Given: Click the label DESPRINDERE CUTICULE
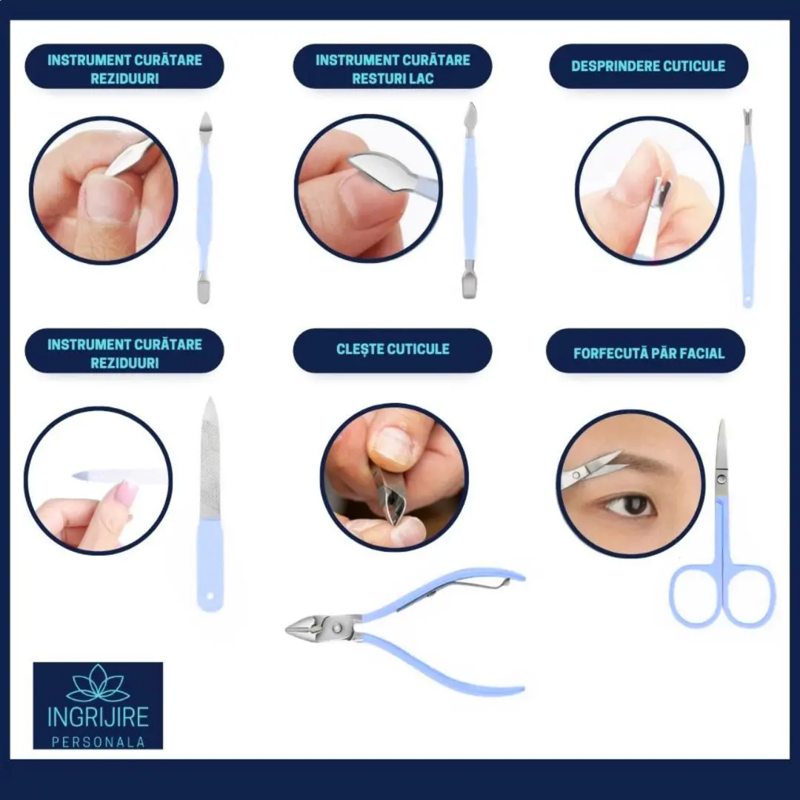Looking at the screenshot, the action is click(x=648, y=67).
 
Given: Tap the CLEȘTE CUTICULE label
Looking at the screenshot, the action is click(x=393, y=350).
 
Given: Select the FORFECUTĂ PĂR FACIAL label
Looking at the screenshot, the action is click(x=648, y=353).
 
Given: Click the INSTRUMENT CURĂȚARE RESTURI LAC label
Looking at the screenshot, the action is click(x=393, y=69).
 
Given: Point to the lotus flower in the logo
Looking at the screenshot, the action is click(x=98, y=683).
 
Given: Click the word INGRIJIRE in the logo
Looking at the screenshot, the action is click(x=98, y=716).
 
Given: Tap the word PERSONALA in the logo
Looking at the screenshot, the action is click(x=98, y=742).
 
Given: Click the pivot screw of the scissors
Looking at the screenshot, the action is click(x=721, y=479).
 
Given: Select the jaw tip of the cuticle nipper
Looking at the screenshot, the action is click(x=287, y=629).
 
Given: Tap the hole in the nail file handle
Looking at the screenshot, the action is click(x=210, y=596).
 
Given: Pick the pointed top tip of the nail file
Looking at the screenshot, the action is click(x=210, y=399).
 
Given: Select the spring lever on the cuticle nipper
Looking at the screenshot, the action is click(x=455, y=592).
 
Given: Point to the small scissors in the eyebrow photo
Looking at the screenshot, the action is click(x=592, y=468).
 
